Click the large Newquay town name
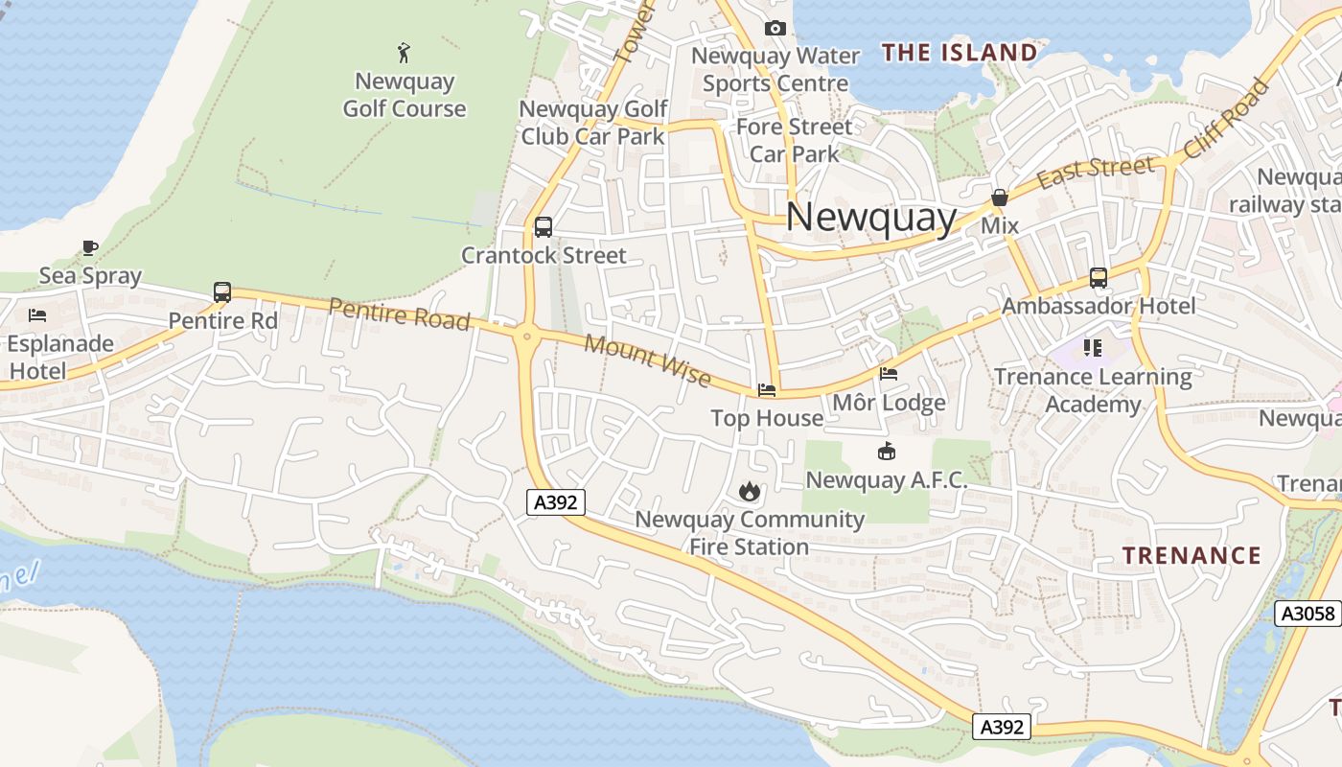click(x=870, y=218)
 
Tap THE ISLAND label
click(x=959, y=52)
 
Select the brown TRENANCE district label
click(x=1192, y=555)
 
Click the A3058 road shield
click(x=1307, y=614)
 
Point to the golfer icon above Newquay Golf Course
click(x=404, y=52)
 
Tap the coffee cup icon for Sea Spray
click(x=90, y=248)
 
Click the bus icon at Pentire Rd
click(x=222, y=292)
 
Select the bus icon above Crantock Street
click(x=543, y=227)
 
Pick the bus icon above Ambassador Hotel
click(x=1099, y=278)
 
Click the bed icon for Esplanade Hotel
click(x=37, y=315)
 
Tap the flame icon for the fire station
click(x=749, y=492)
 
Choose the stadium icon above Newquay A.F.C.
click(x=886, y=451)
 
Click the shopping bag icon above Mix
click(x=999, y=198)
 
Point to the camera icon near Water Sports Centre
click(x=775, y=29)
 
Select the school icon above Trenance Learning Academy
click(x=1092, y=348)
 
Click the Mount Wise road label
click(x=647, y=361)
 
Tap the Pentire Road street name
click(x=399, y=314)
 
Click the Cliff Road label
click(x=1227, y=119)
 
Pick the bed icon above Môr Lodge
click(x=889, y=374)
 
